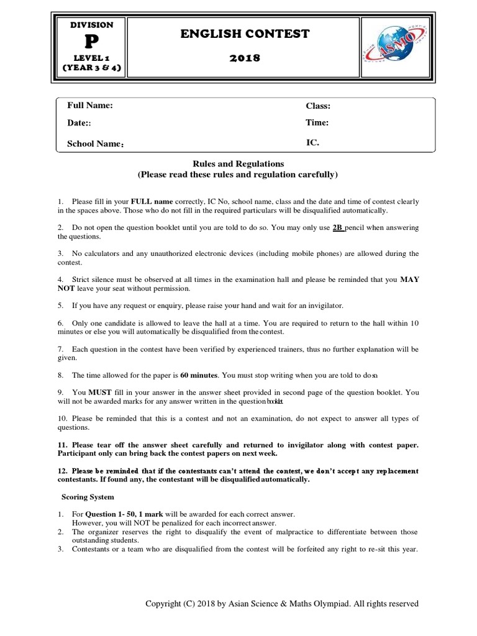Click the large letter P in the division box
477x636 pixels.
92,41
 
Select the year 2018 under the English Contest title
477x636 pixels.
245,58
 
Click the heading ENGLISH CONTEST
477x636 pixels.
245,34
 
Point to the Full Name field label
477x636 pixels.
90,106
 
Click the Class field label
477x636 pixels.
318,106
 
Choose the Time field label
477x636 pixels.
317,123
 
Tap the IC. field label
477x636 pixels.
312,142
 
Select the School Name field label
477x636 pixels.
95,143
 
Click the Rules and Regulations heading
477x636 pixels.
238,164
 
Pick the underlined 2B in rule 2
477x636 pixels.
338,228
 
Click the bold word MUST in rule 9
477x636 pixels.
100,393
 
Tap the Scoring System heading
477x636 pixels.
88,497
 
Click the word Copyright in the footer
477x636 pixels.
165,604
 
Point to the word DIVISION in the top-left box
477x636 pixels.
92,25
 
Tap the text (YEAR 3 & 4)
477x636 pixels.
92,68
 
